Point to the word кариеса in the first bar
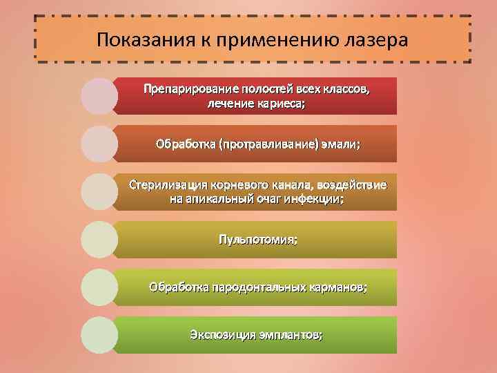(x=276, y=104)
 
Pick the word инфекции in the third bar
(x=317, y=199)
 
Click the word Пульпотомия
(x=258, y=240)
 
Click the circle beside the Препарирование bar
(x=99, y=96)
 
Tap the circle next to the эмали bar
(x=99, y=144)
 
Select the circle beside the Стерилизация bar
(x=99, y=192)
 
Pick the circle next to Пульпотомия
(x=99, y=240)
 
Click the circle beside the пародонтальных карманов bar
(x=99, y=287)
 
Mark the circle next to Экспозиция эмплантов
(x=99, y=335)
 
